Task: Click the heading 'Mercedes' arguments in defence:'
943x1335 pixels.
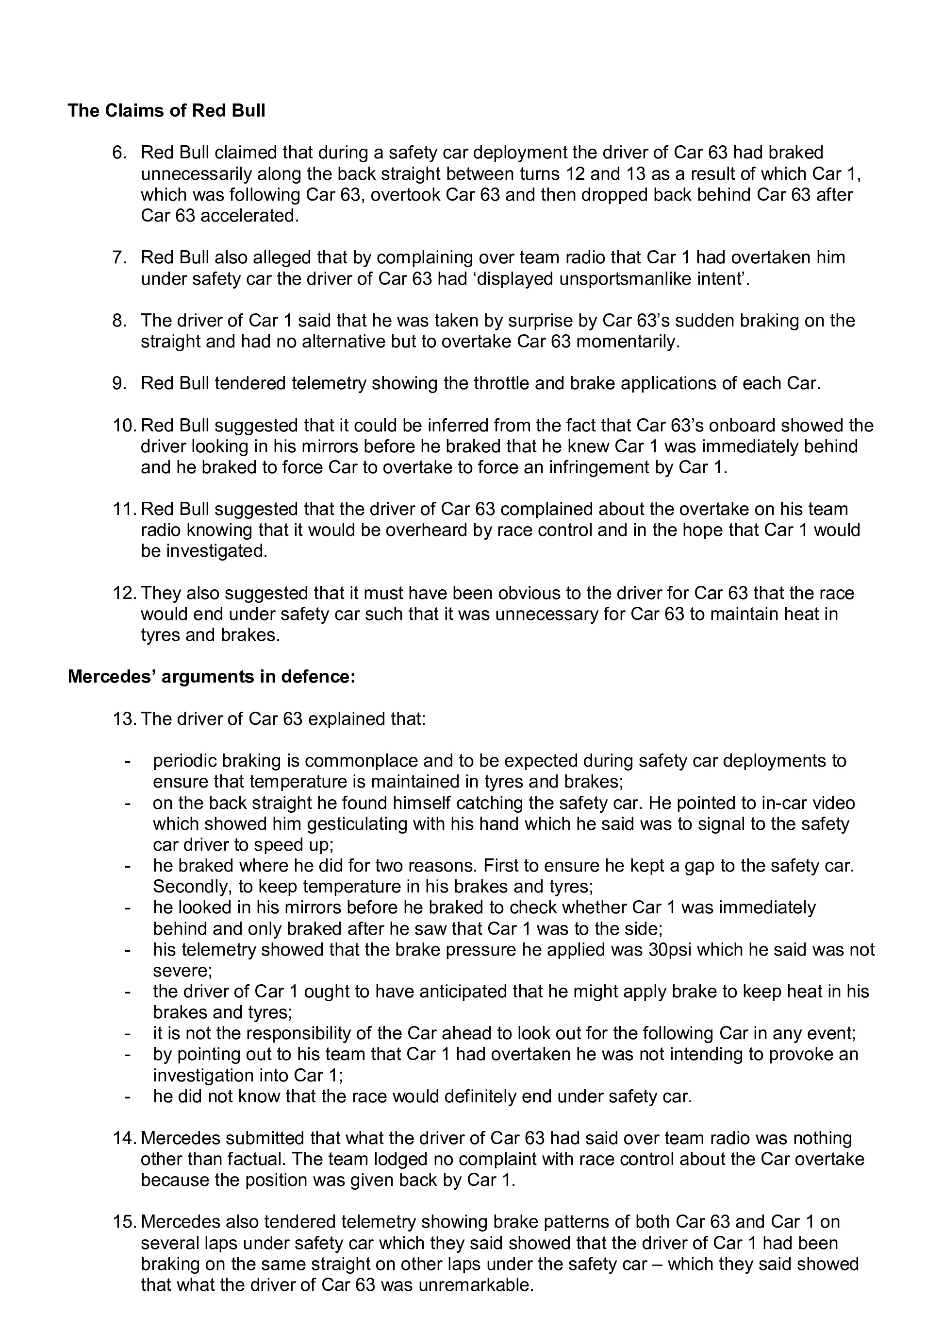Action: (212, 677)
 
